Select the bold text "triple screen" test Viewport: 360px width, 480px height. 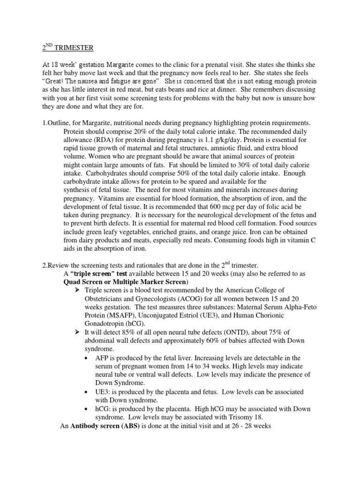click(91, 274)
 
